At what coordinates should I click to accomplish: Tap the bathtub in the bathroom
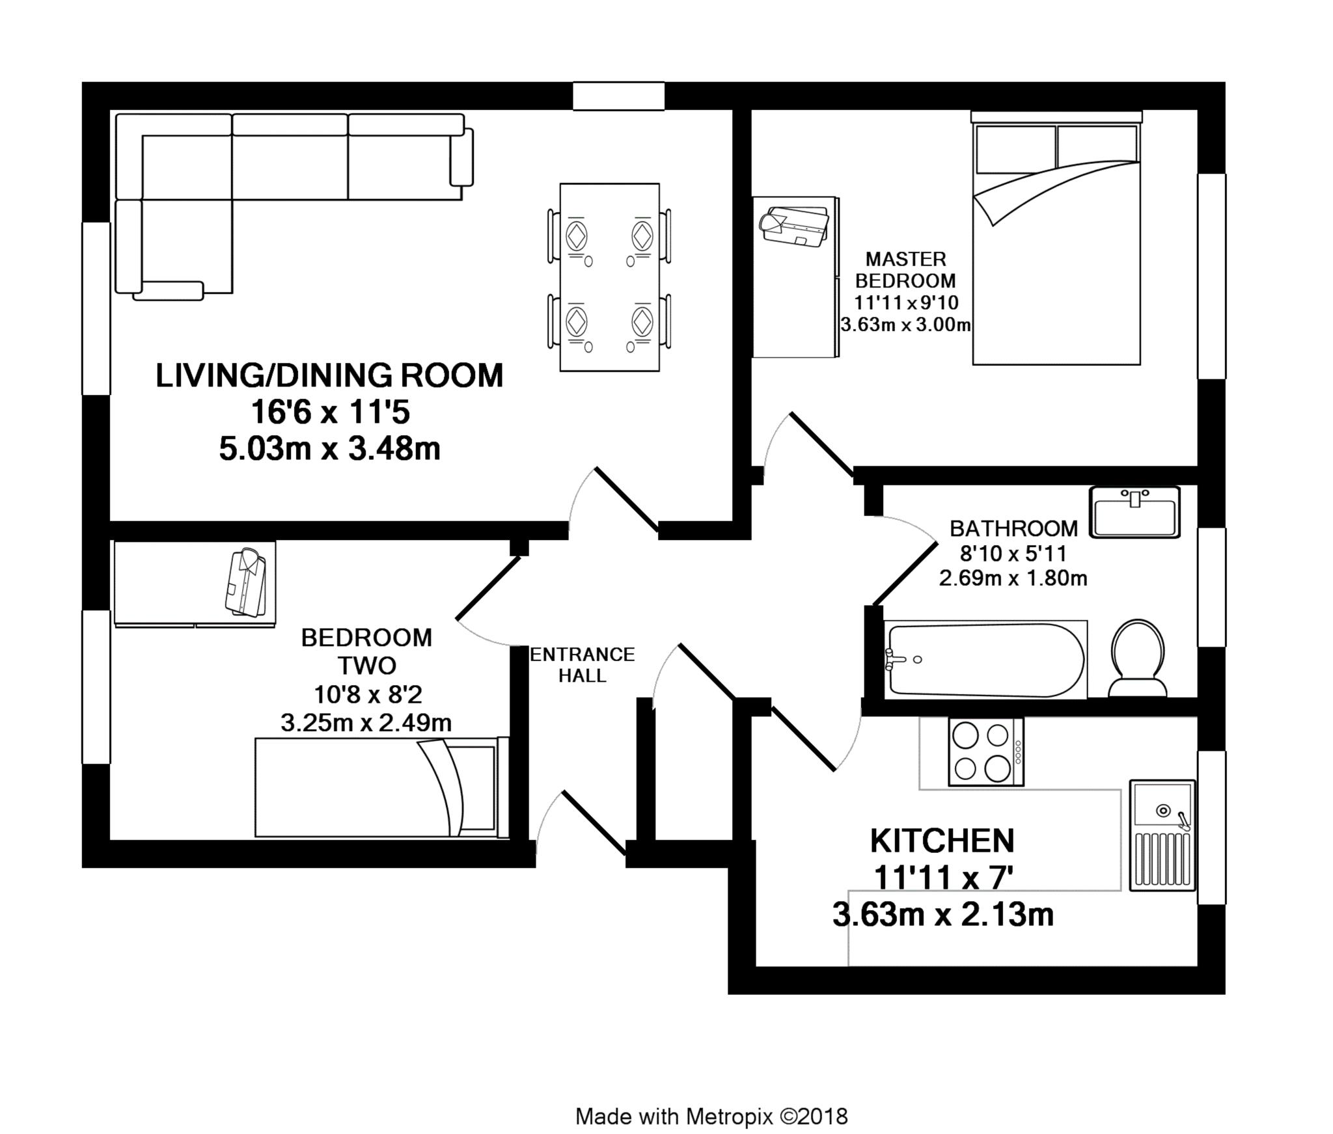tap(985, 660)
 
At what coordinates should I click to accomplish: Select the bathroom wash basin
tap(1134, 512)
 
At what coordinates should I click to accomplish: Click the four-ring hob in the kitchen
tap(985, 753)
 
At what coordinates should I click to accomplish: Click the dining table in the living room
tap(610, 277)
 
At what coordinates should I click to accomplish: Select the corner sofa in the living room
tap(293, 205)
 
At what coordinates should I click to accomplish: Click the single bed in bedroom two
tap(381, 788)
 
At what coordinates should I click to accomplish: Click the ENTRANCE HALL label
tap(583, 664)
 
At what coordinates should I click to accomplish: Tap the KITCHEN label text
tap(942, 841)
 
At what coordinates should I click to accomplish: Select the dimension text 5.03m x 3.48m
tap(330, 449)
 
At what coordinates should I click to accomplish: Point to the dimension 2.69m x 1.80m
tap(1013, 578)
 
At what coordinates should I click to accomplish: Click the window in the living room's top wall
tap(618, 96)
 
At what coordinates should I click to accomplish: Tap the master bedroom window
tap(1212, 276)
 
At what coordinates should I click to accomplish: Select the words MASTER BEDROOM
tap(905, 270)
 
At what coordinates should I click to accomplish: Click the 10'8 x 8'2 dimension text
tap(368, 695)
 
